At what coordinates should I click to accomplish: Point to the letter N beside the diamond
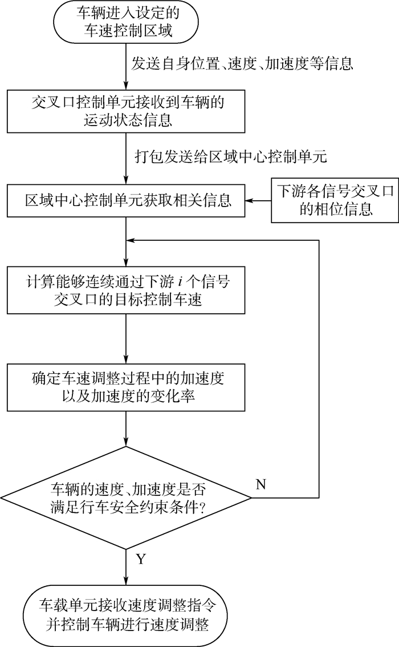(260, 484)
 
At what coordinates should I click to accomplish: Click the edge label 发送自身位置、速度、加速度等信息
(242, 63)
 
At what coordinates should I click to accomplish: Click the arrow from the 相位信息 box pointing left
(258, 201)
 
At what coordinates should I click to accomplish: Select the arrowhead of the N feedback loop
(130, 241)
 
